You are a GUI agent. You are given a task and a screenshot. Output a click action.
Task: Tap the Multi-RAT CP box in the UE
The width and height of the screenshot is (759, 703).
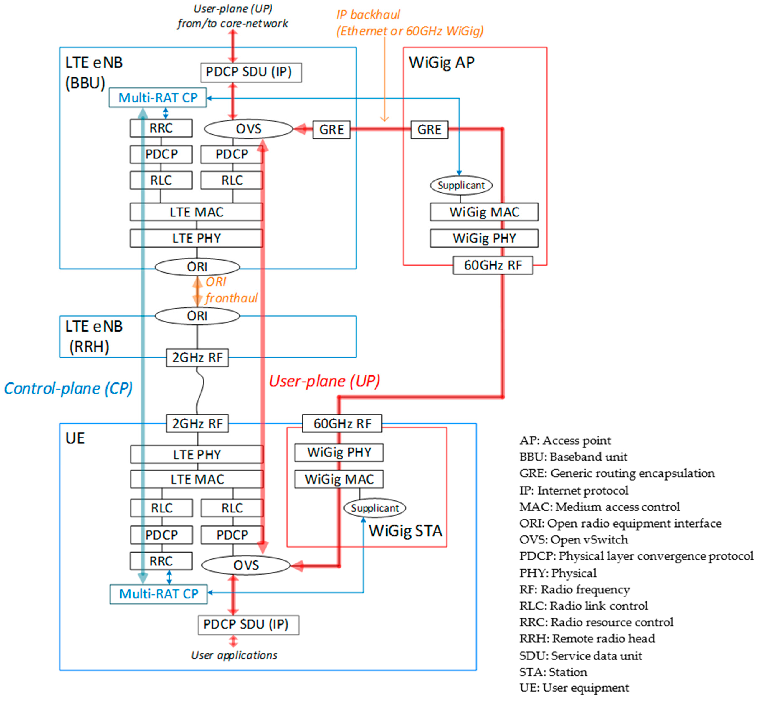[158, 594]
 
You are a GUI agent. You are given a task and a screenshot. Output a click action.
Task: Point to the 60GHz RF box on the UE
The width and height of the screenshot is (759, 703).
[342, 423]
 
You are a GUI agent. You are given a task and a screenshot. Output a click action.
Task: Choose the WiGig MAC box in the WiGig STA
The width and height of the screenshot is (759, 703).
[339, 479]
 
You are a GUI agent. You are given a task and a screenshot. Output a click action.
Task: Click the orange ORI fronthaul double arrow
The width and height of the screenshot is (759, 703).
[197, 291]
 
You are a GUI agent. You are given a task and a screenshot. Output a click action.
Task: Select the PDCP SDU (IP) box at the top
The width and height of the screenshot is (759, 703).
[251, 72]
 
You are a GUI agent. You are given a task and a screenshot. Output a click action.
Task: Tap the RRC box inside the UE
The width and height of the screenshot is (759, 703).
[161, 561]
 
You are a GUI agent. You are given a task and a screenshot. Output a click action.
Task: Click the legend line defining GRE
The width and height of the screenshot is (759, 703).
[617, 473]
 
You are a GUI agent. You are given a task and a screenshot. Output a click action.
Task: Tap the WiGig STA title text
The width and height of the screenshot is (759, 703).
[405, 531]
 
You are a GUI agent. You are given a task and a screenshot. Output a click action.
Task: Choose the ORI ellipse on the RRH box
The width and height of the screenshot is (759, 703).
[197, 316]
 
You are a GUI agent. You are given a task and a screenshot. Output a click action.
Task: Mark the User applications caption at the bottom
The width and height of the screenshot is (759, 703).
[234, 655]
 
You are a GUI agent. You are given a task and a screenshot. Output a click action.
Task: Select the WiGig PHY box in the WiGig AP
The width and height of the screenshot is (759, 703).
[484, 238]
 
